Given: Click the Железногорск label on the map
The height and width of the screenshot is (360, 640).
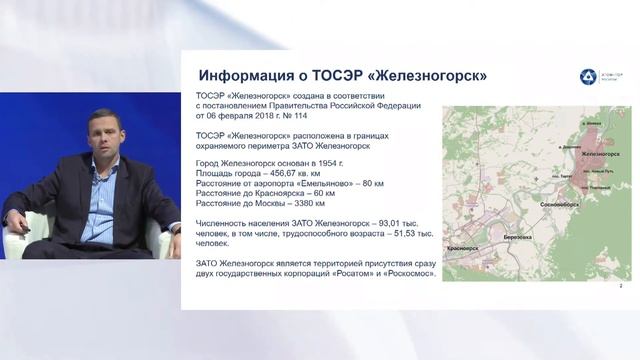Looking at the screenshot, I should click(x=597, y=154).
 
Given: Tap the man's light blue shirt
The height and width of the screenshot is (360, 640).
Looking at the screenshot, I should click(x=98, y=200).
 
